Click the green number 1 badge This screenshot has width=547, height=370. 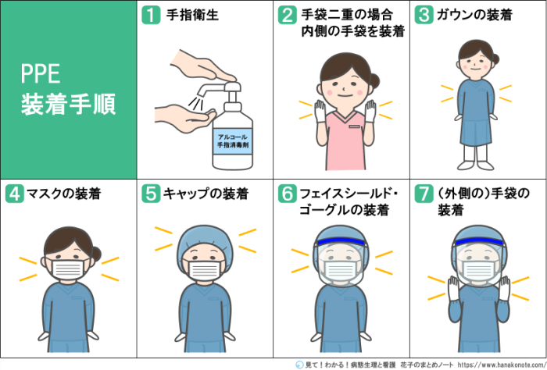[151, 15]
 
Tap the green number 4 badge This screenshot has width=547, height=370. [14, 194]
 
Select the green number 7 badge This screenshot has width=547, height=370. [424, 194]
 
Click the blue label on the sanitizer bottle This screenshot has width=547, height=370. [233, 141]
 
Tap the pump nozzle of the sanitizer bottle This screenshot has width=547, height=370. [210, 89]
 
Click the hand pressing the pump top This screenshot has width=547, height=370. [202, 66]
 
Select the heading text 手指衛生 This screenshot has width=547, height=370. [192, 15]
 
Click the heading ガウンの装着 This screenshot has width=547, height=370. [474, 15]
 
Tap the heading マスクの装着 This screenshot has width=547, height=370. [64, 194]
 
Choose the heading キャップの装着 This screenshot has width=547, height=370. [206, 194]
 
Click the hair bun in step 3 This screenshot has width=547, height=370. [495, 59]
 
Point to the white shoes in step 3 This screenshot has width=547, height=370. [475, 165]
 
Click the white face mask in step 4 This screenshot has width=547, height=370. [68, 269]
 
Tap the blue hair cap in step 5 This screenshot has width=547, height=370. [205, 240]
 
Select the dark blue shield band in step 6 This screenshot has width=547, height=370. [341, 241]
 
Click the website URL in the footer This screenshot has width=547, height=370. [502, 365]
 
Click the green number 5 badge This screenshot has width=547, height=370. [151, 194]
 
